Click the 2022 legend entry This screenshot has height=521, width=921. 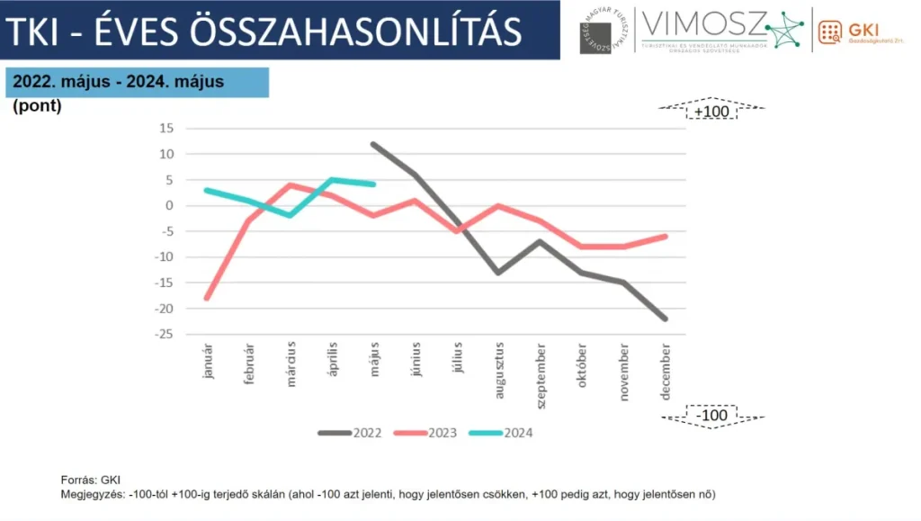[x=350, y=433]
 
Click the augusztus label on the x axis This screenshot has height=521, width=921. [x=499, y=367]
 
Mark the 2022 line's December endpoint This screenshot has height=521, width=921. [x=666, y=319]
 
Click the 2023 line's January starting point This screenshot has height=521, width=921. [x=208, y=298]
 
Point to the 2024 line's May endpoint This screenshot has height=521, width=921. [x=373, y=184]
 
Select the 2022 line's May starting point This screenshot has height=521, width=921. [x=373, y=144]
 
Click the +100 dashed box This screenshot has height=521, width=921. [x=711, y=112]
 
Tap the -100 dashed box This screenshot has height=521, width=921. [x=711, y=416]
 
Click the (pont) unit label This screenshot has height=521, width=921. [x=37, y=106]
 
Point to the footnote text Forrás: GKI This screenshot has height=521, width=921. [x=90, y=480]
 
